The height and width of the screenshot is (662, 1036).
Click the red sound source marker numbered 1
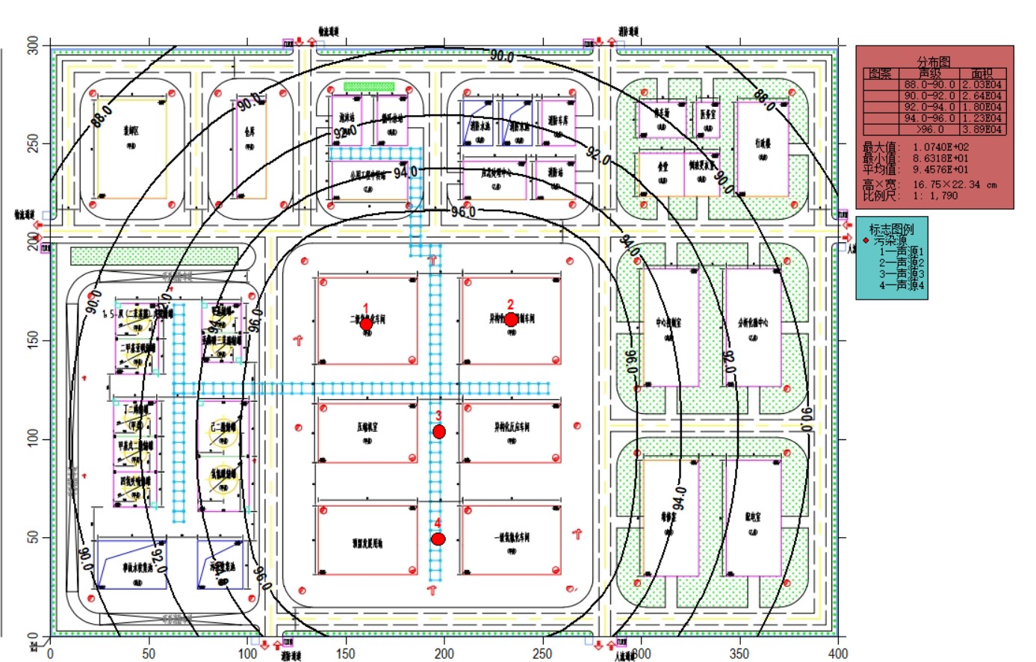tap(366, 324)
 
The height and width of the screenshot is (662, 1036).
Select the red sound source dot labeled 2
tap(511, 320)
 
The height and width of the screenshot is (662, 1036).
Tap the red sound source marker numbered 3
tap(439, 432)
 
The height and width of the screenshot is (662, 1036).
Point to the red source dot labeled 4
tap(438, 539)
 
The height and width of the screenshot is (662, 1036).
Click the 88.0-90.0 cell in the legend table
tap(929, 85)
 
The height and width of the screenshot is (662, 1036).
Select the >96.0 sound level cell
tap(929, 129)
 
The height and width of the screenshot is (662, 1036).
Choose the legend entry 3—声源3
tap(901, 274)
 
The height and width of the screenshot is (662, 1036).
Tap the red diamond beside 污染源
tap(866, 241)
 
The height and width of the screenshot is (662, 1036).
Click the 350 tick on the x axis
tap(739, 654)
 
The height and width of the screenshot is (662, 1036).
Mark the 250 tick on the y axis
tap(33, 143)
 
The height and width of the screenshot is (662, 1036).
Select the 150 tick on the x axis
tap(346, 654)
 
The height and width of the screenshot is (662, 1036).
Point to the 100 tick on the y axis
tap(33, 439)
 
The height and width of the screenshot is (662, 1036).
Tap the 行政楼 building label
tap(763, 143)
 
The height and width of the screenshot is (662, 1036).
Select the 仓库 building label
tap(249, 129)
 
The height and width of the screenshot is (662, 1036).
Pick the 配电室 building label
tap(753, 517)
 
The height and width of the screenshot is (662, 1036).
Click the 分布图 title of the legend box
tap(934, 62)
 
